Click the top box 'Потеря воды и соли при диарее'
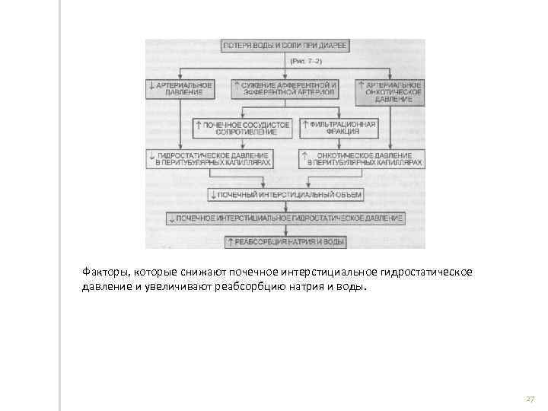coord(285,46)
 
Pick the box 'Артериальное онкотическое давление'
coord(389,91)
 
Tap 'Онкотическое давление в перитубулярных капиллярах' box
coord(361,158)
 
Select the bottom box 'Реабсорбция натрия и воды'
coord(285,243)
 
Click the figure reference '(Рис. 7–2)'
coord(285,60)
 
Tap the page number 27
coord(530,399)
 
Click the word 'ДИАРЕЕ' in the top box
coord(331,46)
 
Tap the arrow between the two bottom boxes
coord(285,231)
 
